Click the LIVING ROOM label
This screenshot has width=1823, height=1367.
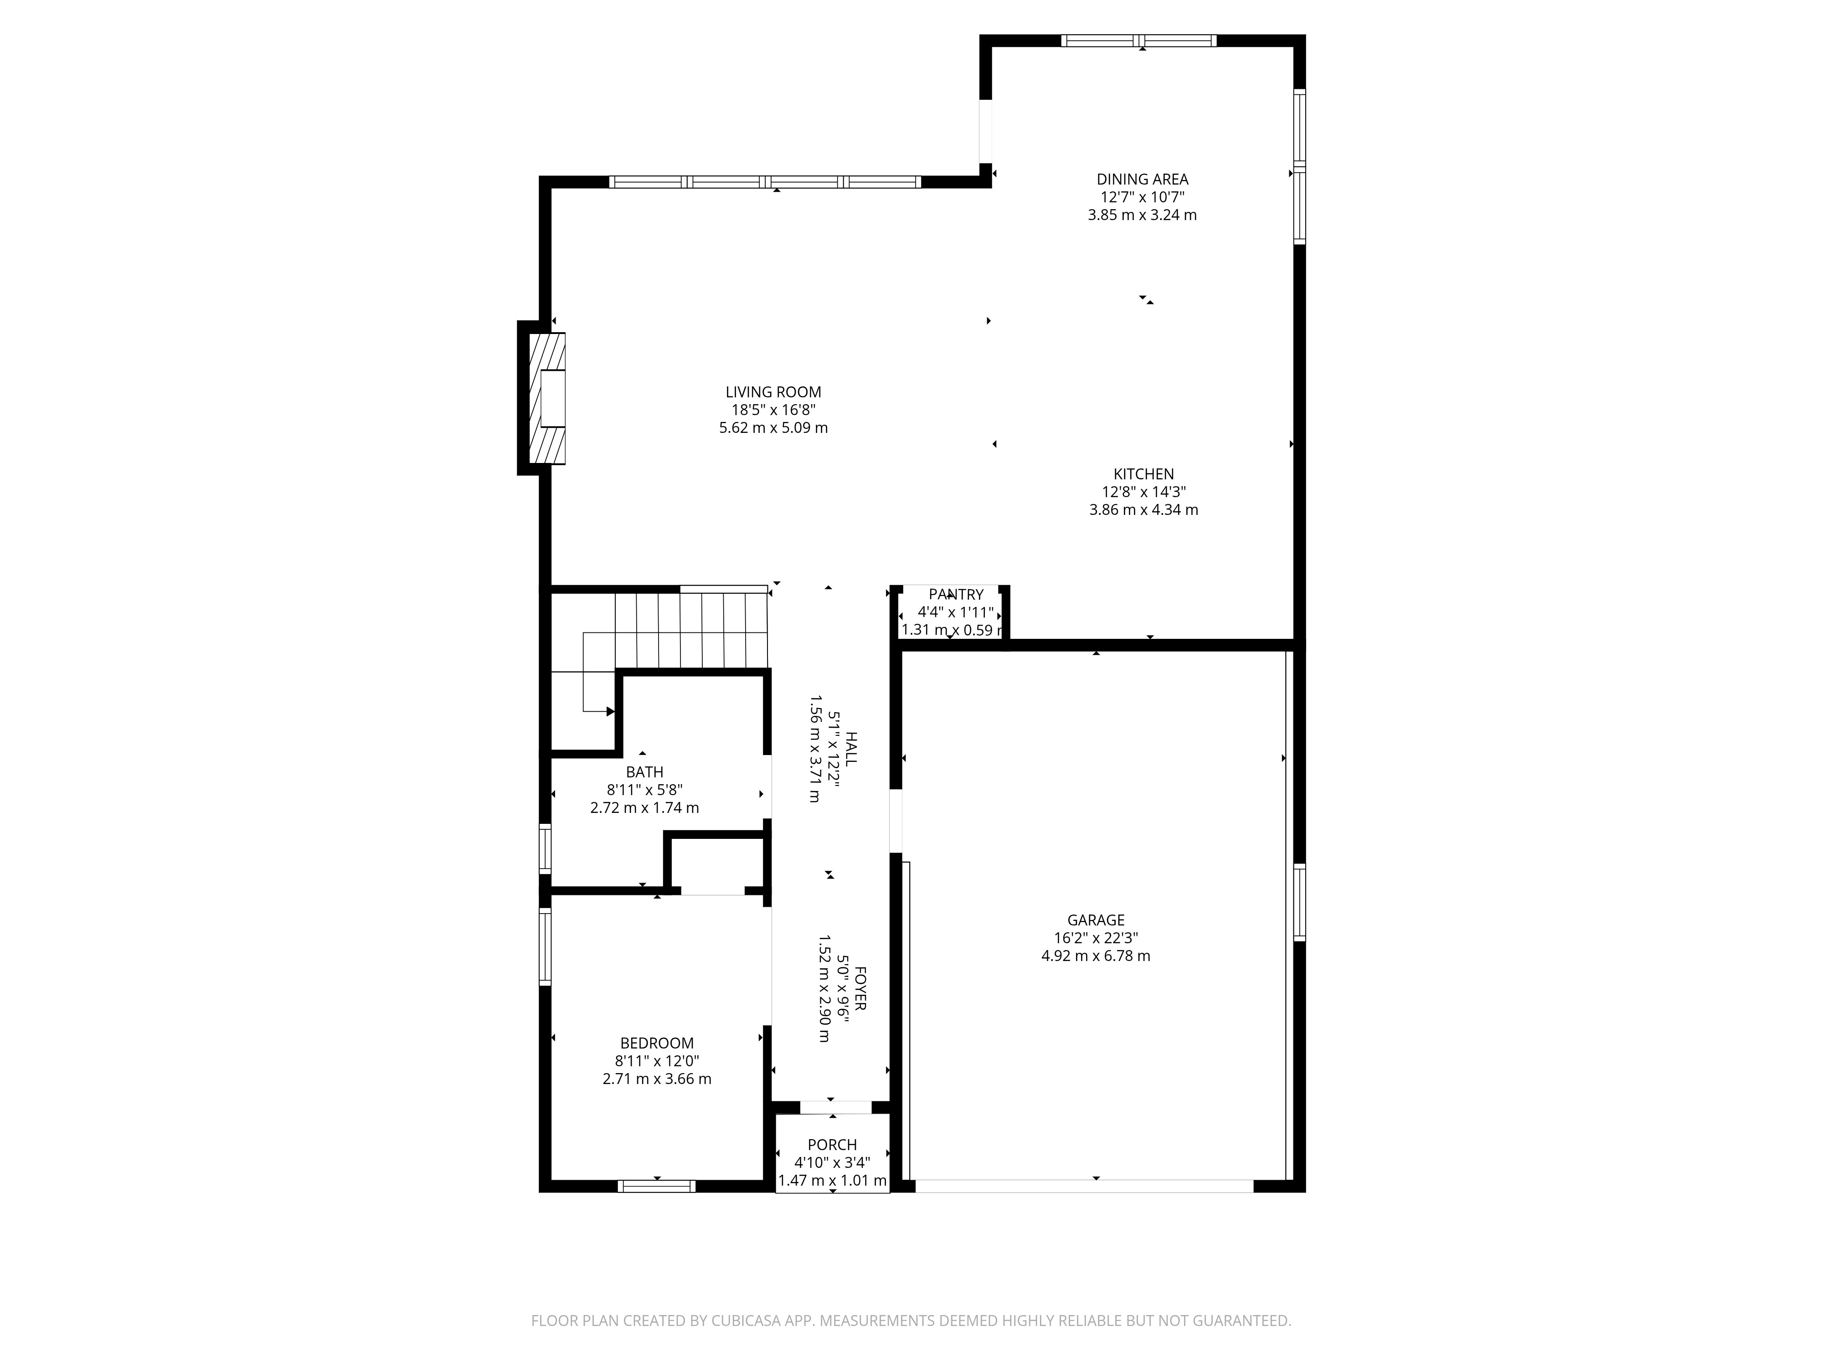tap(773, 392)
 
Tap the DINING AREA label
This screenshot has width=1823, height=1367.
tap(1142, 179)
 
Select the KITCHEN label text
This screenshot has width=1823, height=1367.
tap(1143, 474)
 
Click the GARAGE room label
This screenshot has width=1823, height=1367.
tap(1095, 920)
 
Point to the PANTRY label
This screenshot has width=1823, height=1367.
tap(955, 594)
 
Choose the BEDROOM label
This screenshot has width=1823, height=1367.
tap(657, 1043)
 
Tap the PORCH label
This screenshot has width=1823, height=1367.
tap(832, 1145)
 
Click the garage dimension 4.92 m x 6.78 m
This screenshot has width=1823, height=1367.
tap(1095, 956)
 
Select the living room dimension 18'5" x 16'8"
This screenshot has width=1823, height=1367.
tap(773, 410)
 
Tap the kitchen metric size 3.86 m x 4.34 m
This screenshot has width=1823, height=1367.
tap(1143, 509)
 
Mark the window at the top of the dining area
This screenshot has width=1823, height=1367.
tap(1138, 41)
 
